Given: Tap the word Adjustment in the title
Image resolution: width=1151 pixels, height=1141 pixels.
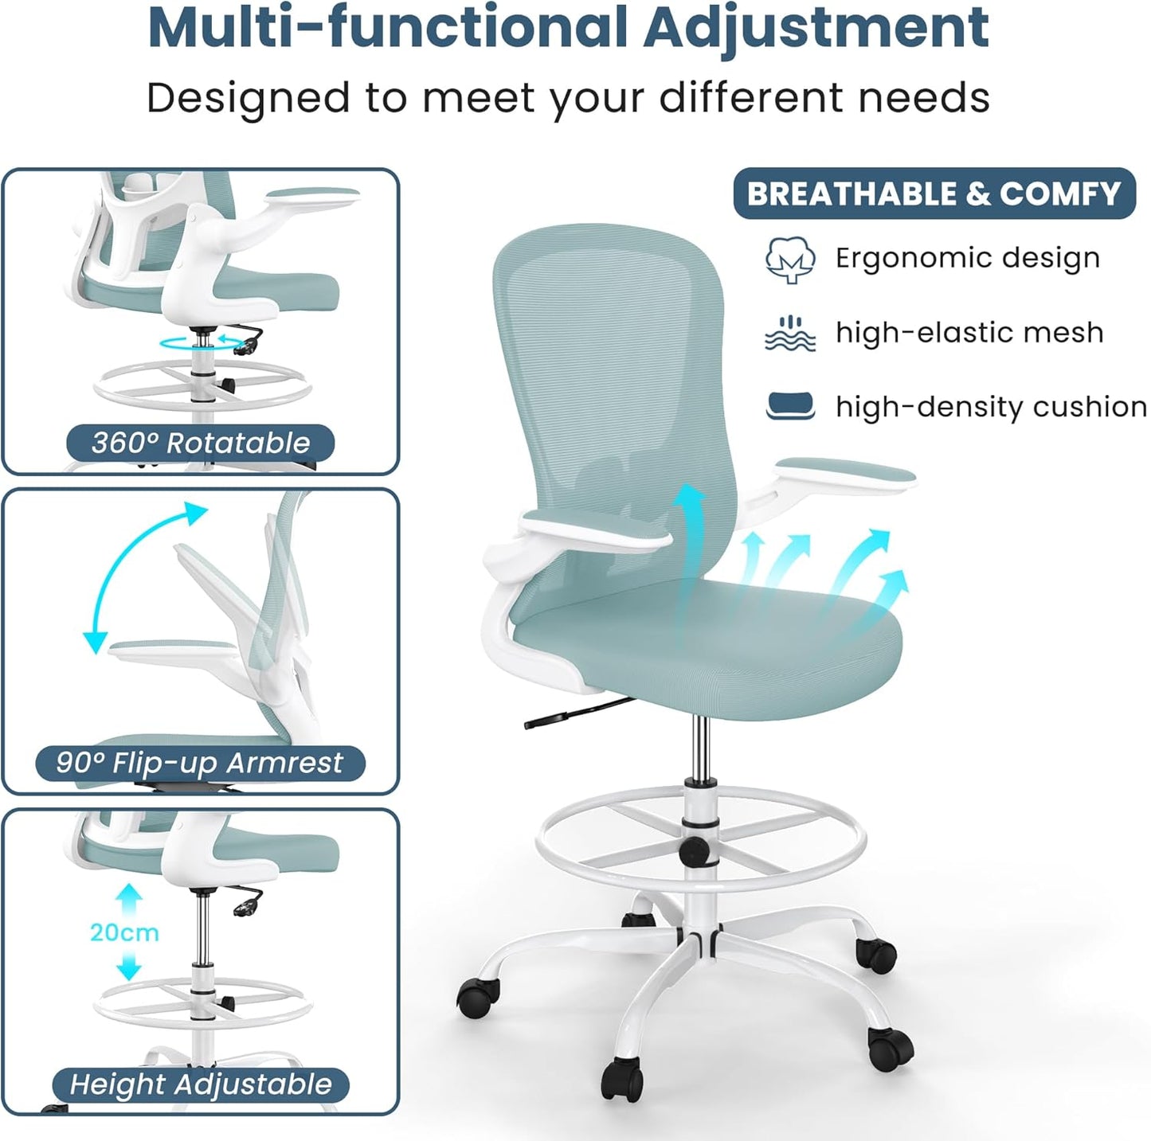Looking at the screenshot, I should [x=816, y=28].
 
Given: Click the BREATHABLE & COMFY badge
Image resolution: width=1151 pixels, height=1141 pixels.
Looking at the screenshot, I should [x=934, y=193].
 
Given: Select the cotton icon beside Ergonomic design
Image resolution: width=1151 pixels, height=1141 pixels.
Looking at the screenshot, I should [x=789, y=259].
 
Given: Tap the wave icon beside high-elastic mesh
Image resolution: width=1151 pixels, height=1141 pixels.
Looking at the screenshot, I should [x=789, y=333].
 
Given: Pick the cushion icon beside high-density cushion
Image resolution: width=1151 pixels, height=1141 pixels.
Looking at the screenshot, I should [x=789, y=405].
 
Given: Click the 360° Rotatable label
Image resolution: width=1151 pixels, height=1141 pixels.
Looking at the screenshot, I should [x=200, y=443].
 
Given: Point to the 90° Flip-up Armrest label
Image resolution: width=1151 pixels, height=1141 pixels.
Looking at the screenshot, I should [x=199, y=763].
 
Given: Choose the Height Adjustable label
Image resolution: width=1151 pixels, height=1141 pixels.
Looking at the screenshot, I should [x=200, y=1084].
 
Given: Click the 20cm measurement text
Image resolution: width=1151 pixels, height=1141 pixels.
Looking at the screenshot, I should [x=124, y=932].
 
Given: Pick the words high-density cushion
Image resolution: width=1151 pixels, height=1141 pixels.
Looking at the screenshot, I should [x=990, y=407].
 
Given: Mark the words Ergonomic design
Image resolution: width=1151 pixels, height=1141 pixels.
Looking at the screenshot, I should [x=967, y=258].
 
